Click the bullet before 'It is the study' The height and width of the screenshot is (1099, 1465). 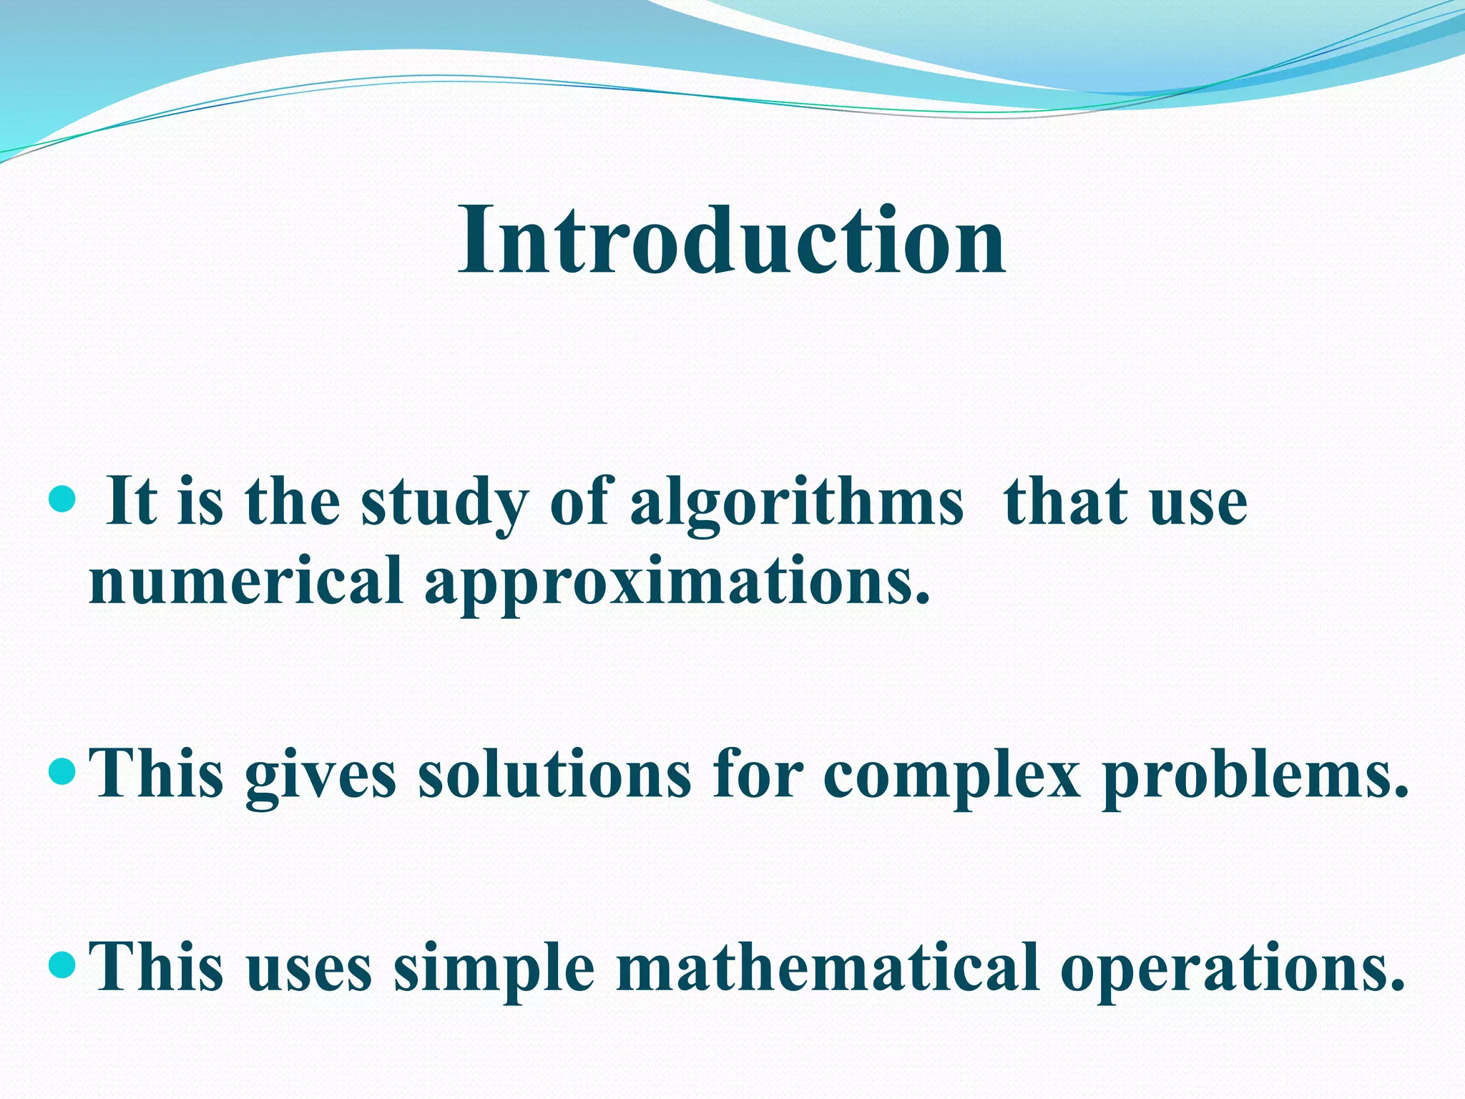pos(64,500)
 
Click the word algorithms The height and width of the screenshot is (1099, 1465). pos(796,502)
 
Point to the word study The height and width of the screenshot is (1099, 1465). pos(444,502)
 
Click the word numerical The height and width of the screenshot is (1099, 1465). pos(245,581)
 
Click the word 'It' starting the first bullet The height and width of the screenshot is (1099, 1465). pos(131,502)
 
